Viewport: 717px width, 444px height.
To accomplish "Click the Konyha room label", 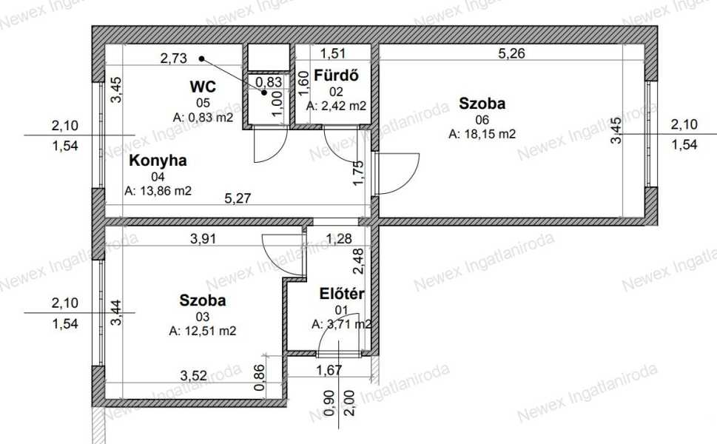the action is [158, 161].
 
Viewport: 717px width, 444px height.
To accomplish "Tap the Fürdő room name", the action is [336, 75].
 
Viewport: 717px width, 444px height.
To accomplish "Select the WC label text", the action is [203, 87].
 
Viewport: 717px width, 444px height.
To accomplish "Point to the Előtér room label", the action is [342, 294].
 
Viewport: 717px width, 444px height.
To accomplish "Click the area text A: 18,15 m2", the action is [482, 134].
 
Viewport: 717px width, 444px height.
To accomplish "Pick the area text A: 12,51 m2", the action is [203, 331].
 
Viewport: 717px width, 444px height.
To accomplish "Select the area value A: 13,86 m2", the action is [158, 191].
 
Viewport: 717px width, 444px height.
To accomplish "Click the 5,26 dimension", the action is [511, 53].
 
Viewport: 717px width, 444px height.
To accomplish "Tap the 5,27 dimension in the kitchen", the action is [238, 198].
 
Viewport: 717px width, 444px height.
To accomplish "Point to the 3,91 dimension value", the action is [203, 239].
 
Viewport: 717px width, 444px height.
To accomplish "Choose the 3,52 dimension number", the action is [193, 376].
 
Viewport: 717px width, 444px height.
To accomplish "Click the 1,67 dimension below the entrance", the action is [329, 369].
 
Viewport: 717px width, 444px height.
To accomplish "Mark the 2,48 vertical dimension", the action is [359, 261].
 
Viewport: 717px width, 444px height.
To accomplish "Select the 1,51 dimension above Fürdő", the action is [332, 53].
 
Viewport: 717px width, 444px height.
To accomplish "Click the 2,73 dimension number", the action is [173, 58].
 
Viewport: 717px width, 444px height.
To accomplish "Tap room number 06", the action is [482, 120].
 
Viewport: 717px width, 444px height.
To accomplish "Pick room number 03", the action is [203, 317].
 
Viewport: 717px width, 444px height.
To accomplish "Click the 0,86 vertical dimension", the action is [259, 377].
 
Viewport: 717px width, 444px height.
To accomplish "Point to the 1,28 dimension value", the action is [339, 239].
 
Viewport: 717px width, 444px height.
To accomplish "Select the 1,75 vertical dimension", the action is [359, 173].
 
